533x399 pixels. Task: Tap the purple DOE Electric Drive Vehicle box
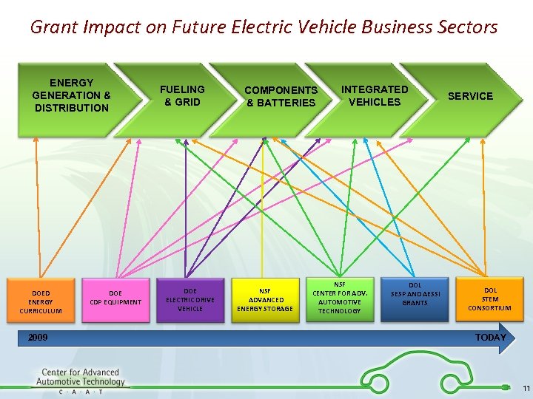[190, 299]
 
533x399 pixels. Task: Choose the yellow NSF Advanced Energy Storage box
[265, 299]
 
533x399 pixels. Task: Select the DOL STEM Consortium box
[489, 299]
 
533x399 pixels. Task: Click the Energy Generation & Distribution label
[71, 95]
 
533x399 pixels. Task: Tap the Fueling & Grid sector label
[182, 95]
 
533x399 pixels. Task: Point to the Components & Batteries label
[281, 96]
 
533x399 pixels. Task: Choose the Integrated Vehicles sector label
[374, 95]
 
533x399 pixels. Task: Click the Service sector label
[470, 96]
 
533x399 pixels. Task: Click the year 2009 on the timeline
[38, 338]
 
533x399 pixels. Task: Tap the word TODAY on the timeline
[490, 338]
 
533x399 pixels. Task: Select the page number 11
[526, 389]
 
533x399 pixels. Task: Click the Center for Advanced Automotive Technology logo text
[80, 378]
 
